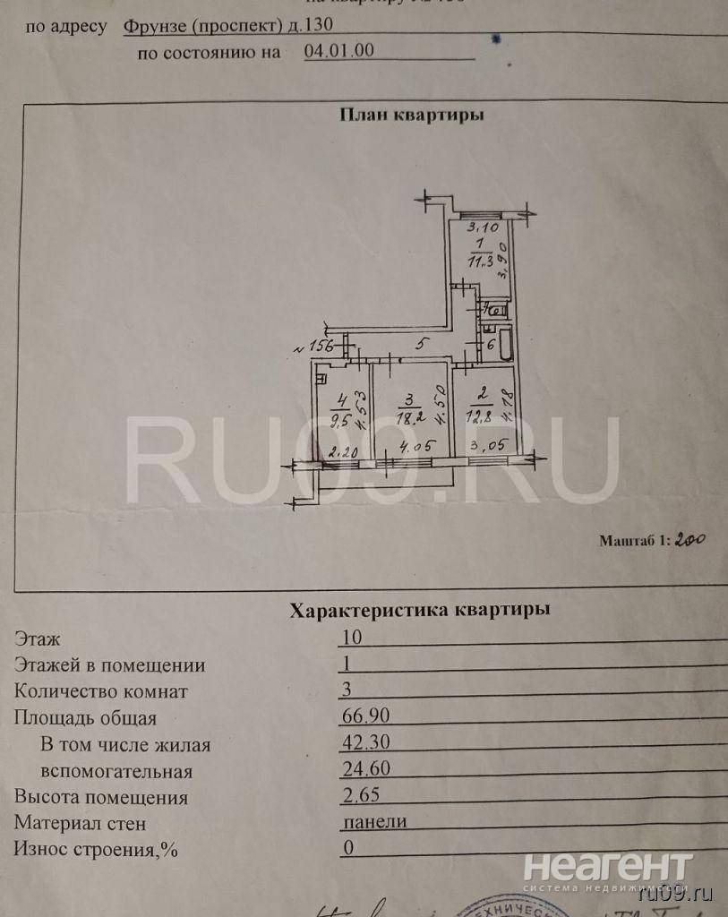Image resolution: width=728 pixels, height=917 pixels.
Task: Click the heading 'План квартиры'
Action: [x=412, y=115]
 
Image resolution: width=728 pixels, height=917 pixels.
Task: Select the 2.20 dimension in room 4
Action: [x=343, y=452]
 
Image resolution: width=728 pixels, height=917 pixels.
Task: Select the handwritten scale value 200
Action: [x=690, y=540]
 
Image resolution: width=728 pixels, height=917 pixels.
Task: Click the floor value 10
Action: [x=353, y=638]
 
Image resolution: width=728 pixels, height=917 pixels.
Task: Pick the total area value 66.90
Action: [x=367, y=717]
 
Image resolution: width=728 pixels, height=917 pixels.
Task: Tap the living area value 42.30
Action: [x=367, y=743]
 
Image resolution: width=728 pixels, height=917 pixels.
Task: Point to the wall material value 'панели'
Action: [x=375, y=822]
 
